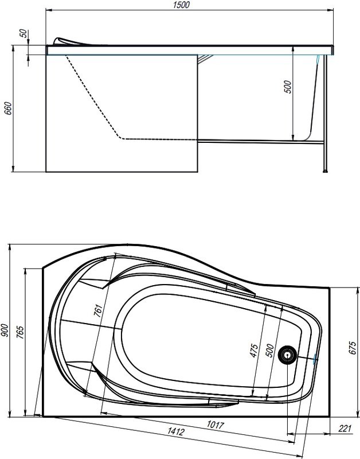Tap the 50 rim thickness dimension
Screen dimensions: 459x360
click(x=23, y=32)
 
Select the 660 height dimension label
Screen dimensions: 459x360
click(x=7, y=108)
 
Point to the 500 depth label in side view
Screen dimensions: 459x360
click(x=288, y=86)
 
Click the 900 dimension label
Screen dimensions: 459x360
click(x=5, y=330)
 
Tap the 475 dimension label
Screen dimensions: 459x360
click(x=255, y=350)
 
